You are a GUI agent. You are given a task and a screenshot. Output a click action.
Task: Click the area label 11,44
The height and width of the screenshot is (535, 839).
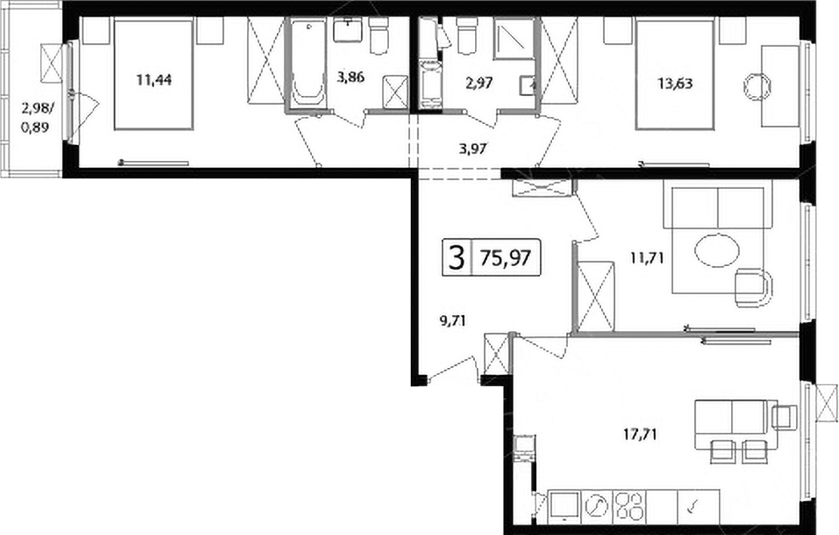(153, 82)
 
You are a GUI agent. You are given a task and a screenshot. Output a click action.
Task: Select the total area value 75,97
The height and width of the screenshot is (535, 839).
(505, 258)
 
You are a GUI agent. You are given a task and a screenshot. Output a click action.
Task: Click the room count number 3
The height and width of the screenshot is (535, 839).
(456, 258)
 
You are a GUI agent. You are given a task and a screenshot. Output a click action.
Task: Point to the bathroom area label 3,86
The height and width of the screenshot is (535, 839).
(350, 78)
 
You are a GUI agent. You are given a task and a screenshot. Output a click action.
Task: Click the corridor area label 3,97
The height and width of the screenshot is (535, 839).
(473, 148)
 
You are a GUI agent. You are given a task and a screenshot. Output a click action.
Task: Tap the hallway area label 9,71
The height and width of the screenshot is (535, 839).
(452, 321)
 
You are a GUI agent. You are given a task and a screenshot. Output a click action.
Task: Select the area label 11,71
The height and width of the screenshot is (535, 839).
(647, 258)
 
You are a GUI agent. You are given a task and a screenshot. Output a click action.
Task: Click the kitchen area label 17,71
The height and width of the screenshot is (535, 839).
(640, 433)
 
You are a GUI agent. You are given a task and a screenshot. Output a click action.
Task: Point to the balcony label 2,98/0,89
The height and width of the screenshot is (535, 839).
(37, 119)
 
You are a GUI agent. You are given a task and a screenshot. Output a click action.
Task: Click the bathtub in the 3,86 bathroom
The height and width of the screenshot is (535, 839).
(307, 63)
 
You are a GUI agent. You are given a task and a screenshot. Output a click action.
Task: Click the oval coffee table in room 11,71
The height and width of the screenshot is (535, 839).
(717, 250)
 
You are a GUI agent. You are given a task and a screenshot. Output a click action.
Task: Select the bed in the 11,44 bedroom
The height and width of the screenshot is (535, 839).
(153, 74)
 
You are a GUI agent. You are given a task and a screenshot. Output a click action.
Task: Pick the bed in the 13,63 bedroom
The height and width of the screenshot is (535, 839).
(674, 75)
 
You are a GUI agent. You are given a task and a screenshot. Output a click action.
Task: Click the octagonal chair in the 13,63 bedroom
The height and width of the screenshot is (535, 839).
(757, 87)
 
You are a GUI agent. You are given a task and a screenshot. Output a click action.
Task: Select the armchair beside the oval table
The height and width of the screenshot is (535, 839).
(754, 287)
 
